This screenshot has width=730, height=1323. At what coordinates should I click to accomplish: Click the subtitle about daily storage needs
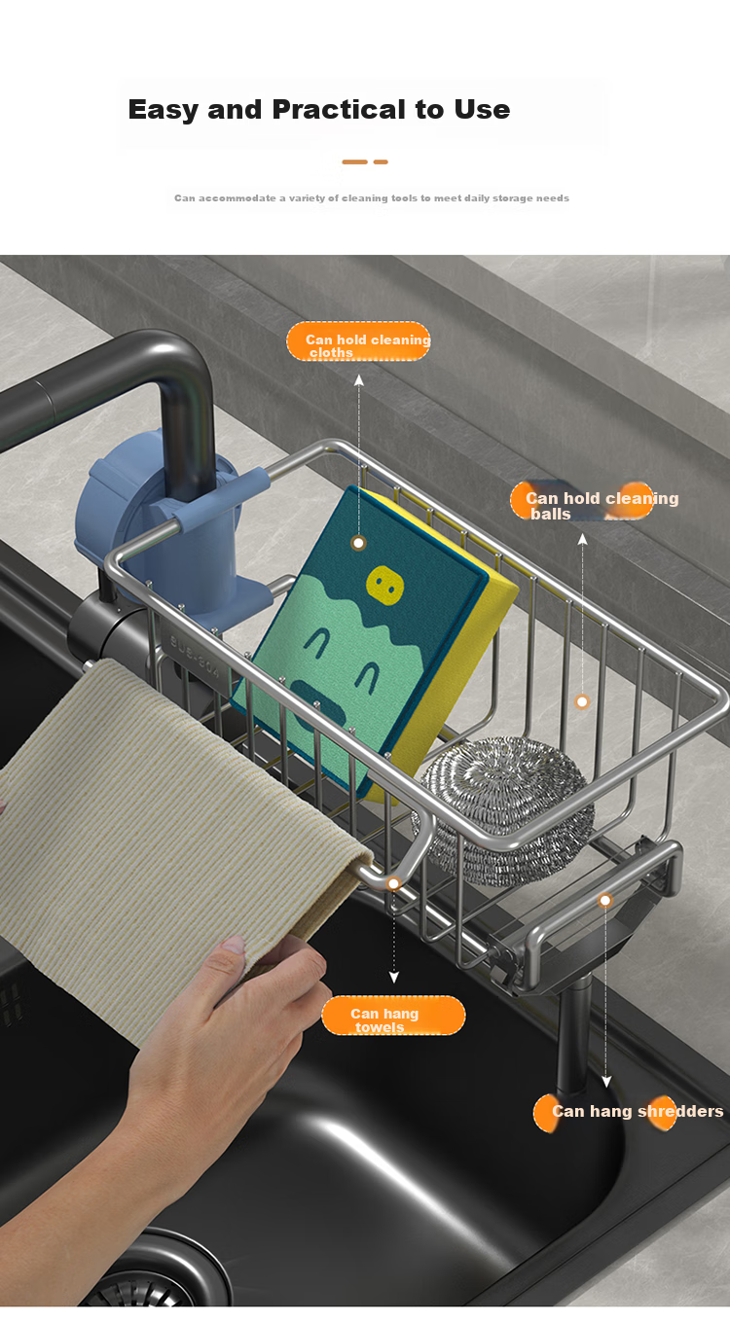(371, 197)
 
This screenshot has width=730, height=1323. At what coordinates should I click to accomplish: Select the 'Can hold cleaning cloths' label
(358, 340)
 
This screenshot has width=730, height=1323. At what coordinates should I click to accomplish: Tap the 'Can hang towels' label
(393, 1016)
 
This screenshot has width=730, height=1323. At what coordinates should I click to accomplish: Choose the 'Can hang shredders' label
(628, 1112)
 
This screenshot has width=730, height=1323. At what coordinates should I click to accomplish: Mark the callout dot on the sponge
(358, 543)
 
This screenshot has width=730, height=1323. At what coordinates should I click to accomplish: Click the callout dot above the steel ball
(582, 701)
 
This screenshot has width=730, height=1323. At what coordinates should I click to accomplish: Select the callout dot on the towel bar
(393, 883)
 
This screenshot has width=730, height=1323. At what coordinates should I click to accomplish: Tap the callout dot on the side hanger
(605, 900)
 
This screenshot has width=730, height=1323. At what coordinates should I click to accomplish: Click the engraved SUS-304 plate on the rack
(195, 657)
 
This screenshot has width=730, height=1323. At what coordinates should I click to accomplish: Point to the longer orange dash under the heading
(354, 161)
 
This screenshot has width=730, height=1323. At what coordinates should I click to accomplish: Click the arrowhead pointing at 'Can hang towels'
(393, 978)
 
